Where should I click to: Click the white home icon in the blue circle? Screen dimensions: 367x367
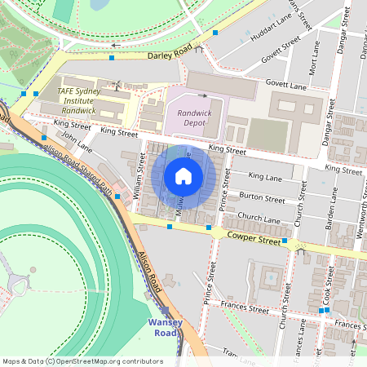click(x=183, y=176)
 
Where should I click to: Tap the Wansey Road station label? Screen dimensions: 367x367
click(x=165, y=327)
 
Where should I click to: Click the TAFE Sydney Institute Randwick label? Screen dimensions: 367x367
click(x=77, y=100)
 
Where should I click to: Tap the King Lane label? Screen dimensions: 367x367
click(x=265, y=176)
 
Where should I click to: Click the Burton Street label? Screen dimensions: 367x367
click(x=262, y=198)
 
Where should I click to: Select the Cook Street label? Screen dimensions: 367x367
click(x=329, y=284)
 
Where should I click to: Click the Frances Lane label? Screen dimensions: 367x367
click(x=303, y=334)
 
